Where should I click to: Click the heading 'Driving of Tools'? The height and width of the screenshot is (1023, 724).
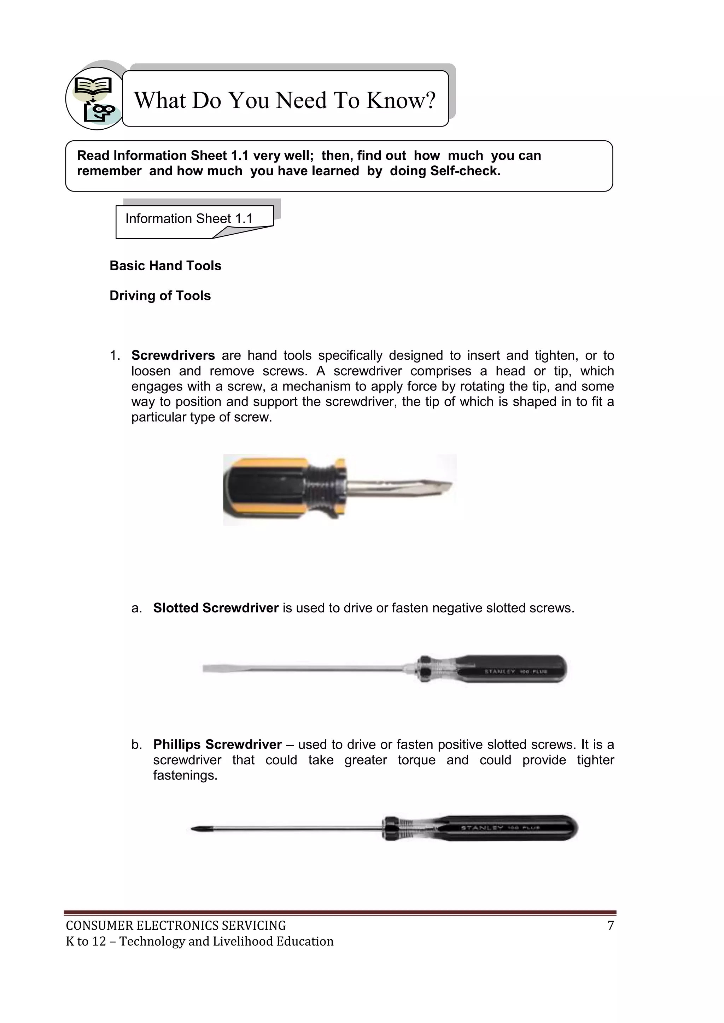[160, 296]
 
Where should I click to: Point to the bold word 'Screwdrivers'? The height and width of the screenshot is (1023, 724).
[173, 355]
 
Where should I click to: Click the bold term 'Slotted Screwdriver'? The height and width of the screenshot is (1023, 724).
[216, 608]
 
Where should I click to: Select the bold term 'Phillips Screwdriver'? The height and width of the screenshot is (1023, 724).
[217, 745]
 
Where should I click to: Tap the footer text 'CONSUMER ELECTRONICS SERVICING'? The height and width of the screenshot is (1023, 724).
[176, 926]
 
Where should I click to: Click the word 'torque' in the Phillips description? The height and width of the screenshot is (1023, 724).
[416, 760]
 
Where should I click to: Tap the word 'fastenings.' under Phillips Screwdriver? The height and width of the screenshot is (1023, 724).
[185, 775]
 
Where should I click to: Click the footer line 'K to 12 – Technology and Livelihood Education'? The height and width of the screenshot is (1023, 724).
[199, 941]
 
